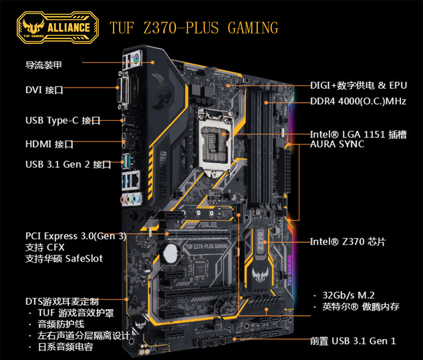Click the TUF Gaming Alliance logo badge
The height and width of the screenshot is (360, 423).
tap(57, 28)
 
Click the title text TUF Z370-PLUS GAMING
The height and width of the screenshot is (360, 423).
tap(194, 28)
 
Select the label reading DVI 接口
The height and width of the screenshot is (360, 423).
tap(44, 90)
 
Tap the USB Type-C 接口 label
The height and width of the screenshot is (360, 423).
tap(63, 121)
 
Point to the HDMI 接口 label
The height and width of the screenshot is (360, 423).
tap(49, 144)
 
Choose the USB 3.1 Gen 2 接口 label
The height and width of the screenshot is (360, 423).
tap(68, 164)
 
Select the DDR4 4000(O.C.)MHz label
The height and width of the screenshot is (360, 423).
tap(358, 101)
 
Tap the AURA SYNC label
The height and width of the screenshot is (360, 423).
tap(337, 144)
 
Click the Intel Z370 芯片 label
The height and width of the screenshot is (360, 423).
tap(347, 242)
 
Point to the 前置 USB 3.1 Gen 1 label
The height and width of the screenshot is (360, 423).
tap(353, 341)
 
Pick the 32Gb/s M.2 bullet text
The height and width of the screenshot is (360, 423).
tap(349, 295)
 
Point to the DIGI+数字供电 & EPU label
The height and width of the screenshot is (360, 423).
tap(358, 86)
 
